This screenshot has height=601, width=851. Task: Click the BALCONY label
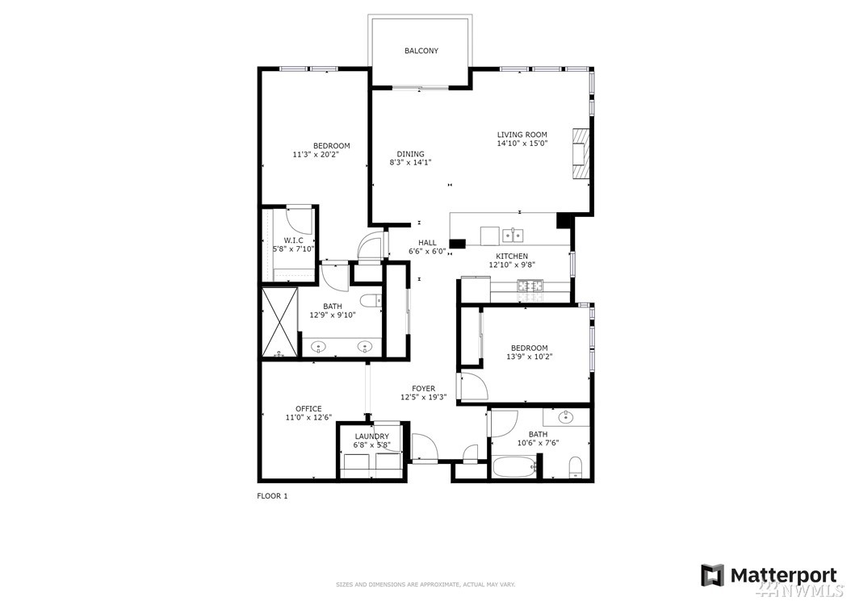[421, 51]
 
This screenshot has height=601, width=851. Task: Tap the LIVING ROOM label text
[522, 135]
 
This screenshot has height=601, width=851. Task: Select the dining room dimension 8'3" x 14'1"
[410, 162]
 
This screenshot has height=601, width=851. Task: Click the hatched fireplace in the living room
[581, 153]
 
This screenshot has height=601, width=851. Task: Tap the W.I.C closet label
[294, 240]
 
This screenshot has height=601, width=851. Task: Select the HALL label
[427, 243]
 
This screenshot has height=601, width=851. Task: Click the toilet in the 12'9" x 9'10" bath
[371, 301]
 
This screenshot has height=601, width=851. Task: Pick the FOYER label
[423, 388]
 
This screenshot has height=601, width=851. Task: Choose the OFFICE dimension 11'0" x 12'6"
[308, 418]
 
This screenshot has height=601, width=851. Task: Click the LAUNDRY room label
[371, 436]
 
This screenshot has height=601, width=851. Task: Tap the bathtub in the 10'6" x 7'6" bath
[515, 467]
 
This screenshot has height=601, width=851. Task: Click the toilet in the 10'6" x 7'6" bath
[576, 468]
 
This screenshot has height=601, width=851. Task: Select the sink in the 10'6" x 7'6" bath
[566, 417]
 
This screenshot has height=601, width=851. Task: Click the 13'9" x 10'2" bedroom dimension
[529, 357]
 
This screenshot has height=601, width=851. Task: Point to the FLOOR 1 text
[272, 496]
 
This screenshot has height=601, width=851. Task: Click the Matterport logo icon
[712, 575]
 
